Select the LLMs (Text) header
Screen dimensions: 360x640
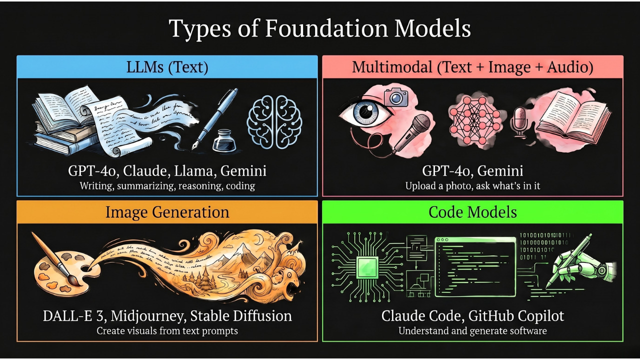point(167,67)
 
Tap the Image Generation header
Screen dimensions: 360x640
point(167,212)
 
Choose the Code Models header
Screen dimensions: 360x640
point(472,212)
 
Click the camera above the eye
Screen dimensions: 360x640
point(396,96)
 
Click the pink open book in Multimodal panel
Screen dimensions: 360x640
point(573,119)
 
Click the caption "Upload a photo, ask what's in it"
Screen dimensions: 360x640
point(472,186)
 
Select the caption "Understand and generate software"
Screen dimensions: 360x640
point(472,331)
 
